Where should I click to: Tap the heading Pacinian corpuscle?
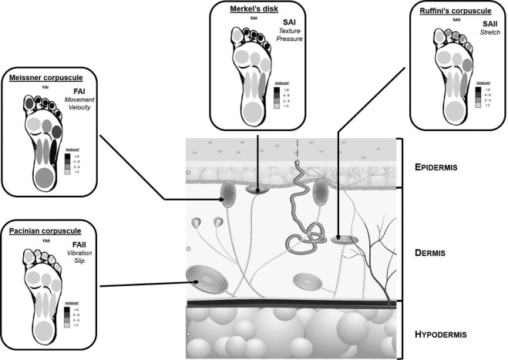point(45,230)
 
